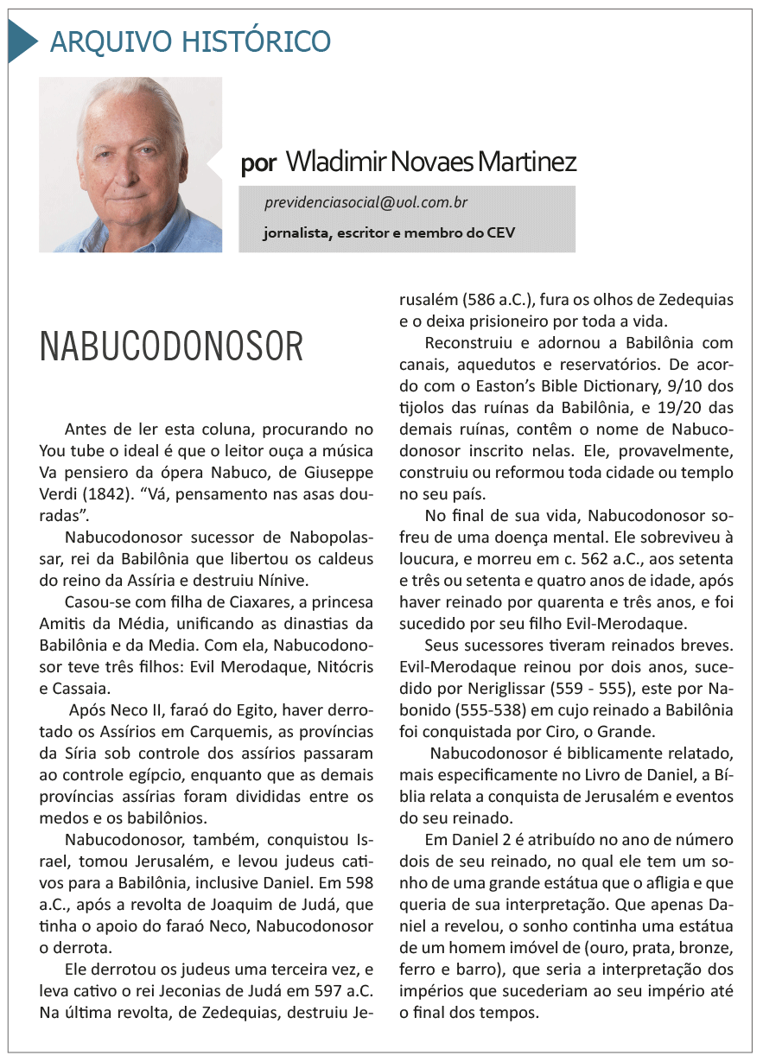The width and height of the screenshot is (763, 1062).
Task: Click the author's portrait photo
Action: (130, 164)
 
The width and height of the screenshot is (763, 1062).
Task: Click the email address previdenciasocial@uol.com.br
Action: (366, 203)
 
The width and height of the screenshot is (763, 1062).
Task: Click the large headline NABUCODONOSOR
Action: (172, 347)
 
